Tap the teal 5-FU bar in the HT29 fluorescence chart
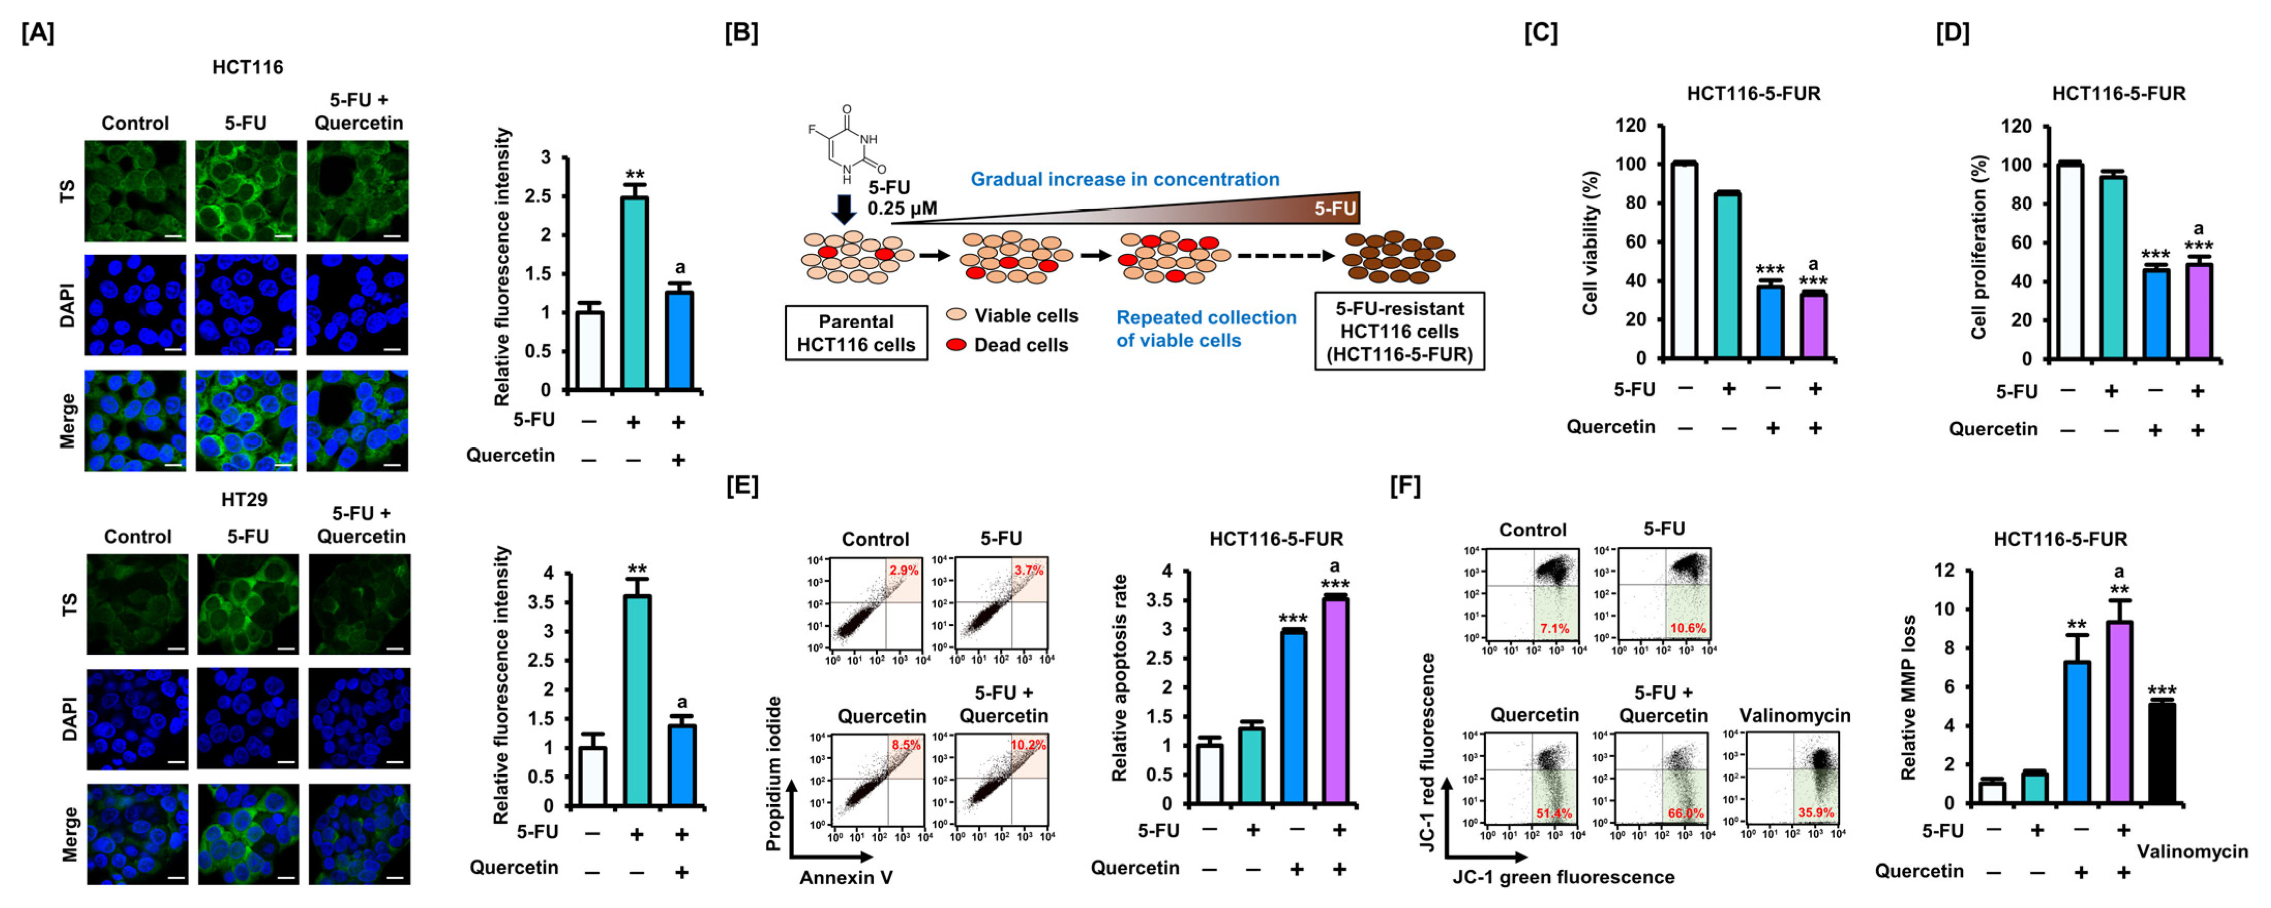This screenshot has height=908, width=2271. coord(636,701)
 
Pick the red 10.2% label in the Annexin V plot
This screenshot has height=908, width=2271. coord(1027,745)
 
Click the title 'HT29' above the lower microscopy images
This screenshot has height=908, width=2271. coord(244,500)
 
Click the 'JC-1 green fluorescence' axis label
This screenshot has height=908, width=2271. coord(1563,877)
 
